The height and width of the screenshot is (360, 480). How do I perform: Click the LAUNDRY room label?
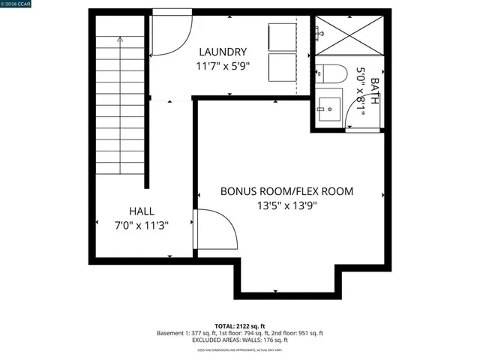223,52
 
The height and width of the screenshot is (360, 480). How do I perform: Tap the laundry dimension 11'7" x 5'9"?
223,66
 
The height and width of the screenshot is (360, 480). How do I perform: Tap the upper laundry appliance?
283,35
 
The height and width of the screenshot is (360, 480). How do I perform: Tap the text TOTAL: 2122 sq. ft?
240,325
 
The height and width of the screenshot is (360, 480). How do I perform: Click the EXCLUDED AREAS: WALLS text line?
240,340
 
